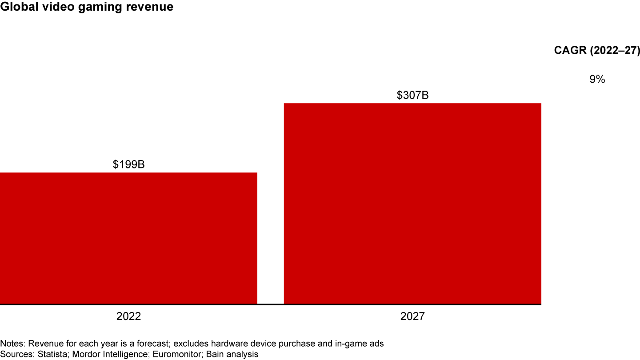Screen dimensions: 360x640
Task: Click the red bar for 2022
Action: (x=128, y=238)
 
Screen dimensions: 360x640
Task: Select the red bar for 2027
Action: (x=412, y=204)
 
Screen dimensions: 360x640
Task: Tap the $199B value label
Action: (x=128, y=165)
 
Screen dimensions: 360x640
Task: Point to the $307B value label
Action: (x=412, y=95)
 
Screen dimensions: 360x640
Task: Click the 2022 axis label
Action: (x=128, y=317)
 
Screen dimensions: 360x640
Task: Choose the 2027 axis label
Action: (x=412, y=317)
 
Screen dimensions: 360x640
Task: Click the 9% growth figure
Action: (x=597, y=80)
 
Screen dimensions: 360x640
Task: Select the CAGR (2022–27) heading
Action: (x=597, y=50)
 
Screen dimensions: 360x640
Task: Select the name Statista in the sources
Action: (x=48, y=354)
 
